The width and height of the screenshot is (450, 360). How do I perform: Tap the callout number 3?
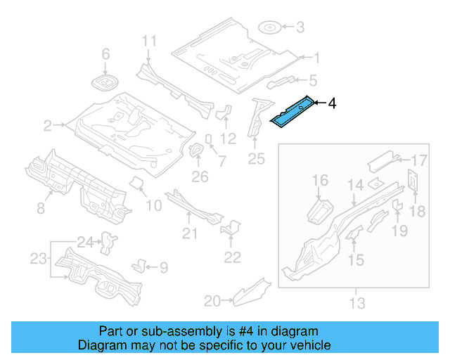[x=300, y=28]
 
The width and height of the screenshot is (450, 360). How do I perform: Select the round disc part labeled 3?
[x=270, y=28]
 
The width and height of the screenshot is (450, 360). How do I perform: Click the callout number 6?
[x=106, y=54]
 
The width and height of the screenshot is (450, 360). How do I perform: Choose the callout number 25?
[x=256, y=160]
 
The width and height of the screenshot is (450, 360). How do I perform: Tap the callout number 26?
[x=200, y=176]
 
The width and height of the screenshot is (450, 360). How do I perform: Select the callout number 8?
[x=40, y=208]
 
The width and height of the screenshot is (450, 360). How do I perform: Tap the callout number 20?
[x=212, y=301]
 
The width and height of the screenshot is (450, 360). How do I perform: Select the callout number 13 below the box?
[x=357, y=304]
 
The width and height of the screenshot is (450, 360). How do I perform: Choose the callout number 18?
[x=417, y=212]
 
